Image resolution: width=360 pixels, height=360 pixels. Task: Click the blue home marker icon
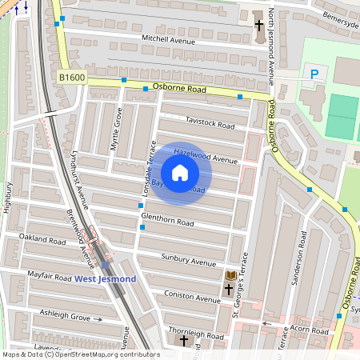pyautogui.click(x=180, y=173)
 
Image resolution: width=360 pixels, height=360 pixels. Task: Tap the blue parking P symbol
pyautogui.click(x=314, y=74)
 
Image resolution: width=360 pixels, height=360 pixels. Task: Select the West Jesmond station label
pyautogui.click(x=106, y=278)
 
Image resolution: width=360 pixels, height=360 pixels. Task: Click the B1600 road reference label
pyautogui.click(x=71, y=78)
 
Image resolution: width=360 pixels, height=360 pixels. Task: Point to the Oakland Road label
pyautogui.click(x=42, y=239)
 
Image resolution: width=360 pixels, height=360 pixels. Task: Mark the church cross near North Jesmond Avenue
pyautogui.click(x=258, y=26)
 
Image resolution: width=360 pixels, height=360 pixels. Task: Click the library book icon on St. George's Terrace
pyautogui.click(x=230, y=275)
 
